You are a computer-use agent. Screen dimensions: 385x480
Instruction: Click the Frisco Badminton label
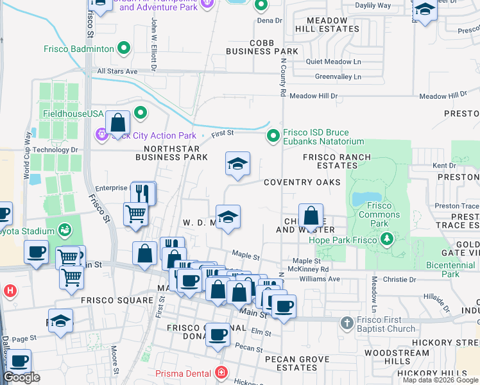click(79, 48)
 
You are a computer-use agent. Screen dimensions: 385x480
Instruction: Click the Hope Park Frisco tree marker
click(387, 239)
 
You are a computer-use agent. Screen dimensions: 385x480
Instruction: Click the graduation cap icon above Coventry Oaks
click(237, 164)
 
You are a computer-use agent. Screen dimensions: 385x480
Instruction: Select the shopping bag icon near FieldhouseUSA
click(118, 122)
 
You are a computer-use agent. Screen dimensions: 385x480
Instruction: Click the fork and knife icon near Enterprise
click(143, 193)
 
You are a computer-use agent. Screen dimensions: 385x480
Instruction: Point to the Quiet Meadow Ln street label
click(334, 62)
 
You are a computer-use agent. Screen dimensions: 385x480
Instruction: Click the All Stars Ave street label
click(117, 71)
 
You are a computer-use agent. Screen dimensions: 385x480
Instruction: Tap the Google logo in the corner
click(21, 378)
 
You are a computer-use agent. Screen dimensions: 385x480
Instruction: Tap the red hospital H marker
click(10, 291)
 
